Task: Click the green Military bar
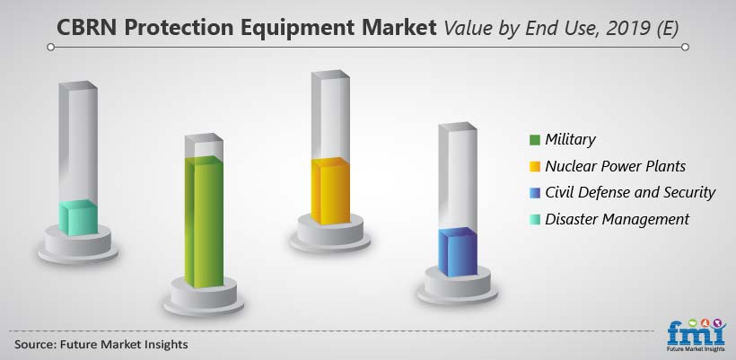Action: click(x=204, y=222)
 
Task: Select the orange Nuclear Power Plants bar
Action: click(x=330, y=191)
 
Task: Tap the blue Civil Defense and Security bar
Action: click(x=458, y=252)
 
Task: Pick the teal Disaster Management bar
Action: click(x=78, y=218)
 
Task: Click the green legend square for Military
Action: click(x=535, y=140)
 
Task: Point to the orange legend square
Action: click(x=535, y=166)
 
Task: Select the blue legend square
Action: click(x=535, y=193)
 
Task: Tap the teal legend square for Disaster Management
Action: click(x=535, y=219)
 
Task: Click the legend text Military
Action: click(x=570, y=140)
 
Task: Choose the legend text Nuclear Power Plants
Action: click(x=616, y=166)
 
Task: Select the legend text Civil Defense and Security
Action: click(x=630, y=192)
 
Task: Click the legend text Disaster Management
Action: click(x=617, y=219)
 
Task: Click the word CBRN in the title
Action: click(x=88, y=28)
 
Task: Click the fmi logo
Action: click(x=697, y=335)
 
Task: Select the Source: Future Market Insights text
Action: click(x=101, y=345)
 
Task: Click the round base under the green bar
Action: click(x=204, y=296)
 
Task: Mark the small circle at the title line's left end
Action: click(x=50, y=47)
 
